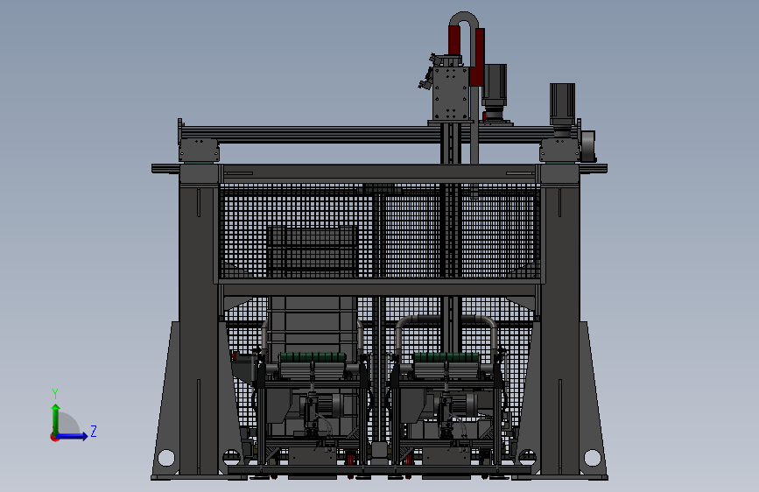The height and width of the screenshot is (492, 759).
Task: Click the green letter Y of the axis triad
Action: [x=55, y=394]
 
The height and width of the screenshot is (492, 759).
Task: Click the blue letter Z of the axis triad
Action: [x=94, y=431]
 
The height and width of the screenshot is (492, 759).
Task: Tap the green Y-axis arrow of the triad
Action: [x=56, y=419]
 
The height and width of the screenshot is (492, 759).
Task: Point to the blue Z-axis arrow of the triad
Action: [x=72, y=436]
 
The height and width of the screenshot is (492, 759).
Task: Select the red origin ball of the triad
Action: [x=54, y=437]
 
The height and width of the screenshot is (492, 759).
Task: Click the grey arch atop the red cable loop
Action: [x=464, y=20]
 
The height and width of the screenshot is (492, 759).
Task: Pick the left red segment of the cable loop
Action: [x=454, y=40]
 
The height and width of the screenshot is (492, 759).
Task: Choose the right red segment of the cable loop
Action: [x=478, y=57]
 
